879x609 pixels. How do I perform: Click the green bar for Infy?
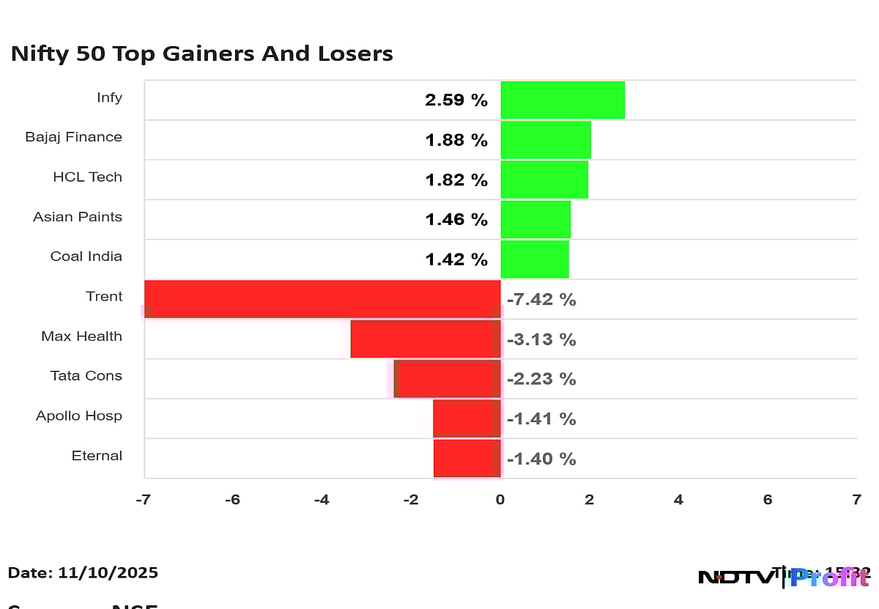[563, 100]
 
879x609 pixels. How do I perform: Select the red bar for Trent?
[322, 299]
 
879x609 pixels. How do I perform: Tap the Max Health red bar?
[425, 339]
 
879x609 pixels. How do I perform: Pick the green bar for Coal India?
[535, 259]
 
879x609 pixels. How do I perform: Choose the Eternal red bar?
[467, 458]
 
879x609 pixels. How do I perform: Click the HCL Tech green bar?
[544, 180]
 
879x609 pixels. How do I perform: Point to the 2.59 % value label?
[456, 100]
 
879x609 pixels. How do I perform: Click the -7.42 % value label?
[541, 300]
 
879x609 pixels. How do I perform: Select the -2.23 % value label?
[541, 379]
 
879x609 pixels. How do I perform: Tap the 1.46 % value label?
[456, 219]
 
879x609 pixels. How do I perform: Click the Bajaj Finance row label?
[73, 137]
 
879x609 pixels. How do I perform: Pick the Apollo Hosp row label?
[79, 416]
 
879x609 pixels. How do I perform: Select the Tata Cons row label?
[86, 376]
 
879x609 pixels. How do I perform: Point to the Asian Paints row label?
[78, 217]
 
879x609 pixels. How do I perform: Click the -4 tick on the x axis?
[322, 500]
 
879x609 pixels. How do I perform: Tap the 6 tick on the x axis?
[768, 500]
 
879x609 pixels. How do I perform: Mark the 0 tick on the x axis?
[500, 500]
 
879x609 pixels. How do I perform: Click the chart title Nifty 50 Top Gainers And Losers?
[201, 53]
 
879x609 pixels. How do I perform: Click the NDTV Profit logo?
[784, 577]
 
